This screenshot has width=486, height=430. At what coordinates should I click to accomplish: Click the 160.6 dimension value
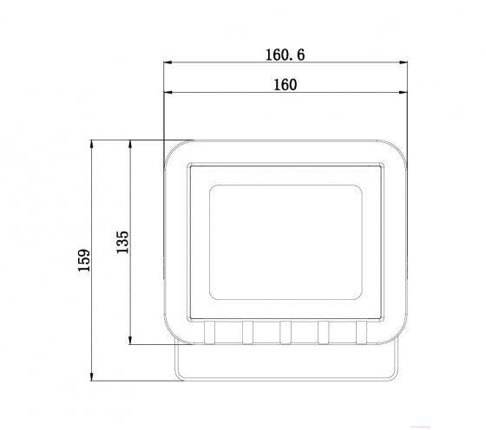coord(286,55)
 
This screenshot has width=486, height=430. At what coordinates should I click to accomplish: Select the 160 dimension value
coord(286,84)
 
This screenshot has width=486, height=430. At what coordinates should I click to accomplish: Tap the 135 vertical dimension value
coord(122,242)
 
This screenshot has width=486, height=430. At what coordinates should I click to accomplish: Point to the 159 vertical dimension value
coord(83,260)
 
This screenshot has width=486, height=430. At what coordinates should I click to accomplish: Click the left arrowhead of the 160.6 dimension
coord(167,62)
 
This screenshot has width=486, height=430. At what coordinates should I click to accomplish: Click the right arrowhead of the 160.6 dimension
coord(404,62)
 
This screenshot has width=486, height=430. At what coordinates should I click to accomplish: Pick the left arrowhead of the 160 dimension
coord(167,92)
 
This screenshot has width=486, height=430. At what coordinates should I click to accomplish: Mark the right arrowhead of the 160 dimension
coord(403,92)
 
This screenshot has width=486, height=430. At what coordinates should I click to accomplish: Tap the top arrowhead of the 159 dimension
coord(91,144)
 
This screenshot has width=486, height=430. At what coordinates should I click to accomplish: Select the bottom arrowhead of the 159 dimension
coord(91,376)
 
